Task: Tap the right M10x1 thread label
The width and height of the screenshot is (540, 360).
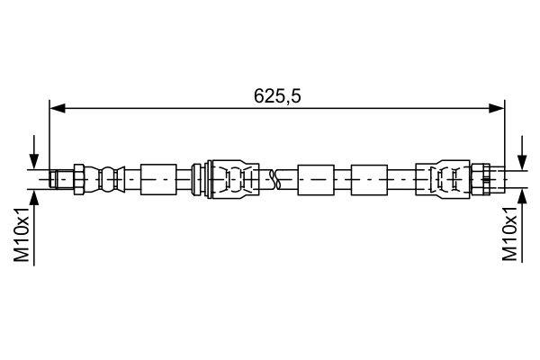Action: (x=510, y=236)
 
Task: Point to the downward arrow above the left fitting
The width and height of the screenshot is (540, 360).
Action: (x=34, y=155)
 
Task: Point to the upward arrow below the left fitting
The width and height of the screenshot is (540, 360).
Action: (x=34, y=200)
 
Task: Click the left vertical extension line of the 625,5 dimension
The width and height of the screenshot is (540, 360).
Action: (x=50, y=135)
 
